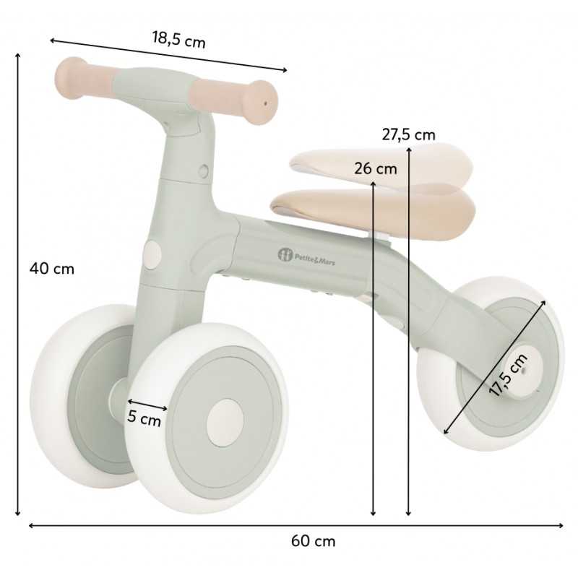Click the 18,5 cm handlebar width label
pyautogui.click(x=178, y=39)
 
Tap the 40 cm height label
pyautogui.click(x=52, y=268)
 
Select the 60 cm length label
pyautogui.click(x=314, y=541)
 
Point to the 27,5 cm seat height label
pyautogui.click(x=408, y=134)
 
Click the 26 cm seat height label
pyautogui.click(x=376, y=169)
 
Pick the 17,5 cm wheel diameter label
pyautogui.click(x=508, y=374)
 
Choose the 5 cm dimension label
pyautogui.click(x=144, y=419)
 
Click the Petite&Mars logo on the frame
pyautogui.click(x=306, y=256)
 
